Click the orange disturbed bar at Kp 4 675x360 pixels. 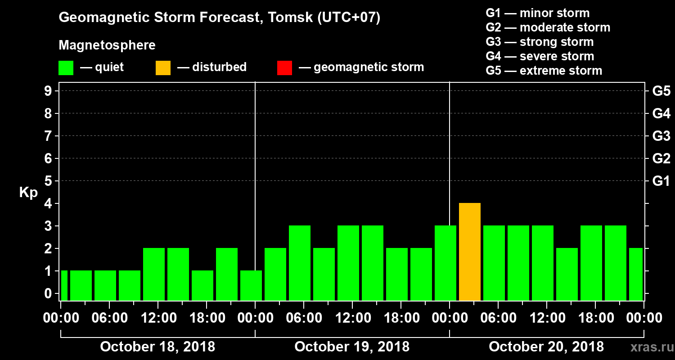[470, 252]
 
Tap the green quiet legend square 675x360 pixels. [66, 68]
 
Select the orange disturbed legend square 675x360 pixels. [163, 68]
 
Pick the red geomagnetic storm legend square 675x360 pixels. [284, 68]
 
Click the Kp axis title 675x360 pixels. [28, 193]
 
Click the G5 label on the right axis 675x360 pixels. [661, 91]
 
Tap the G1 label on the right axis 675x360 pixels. [661, 181]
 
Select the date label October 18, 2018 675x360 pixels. [157, 347]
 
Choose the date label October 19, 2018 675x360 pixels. [352, 347]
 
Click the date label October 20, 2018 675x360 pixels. [546, 347]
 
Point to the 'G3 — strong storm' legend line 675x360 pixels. [540, 42]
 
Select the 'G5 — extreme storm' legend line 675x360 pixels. [544, 71]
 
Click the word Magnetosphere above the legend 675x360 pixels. [107, 45]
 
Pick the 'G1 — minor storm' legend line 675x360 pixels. [537, 13]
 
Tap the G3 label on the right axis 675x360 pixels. [661, 136]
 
